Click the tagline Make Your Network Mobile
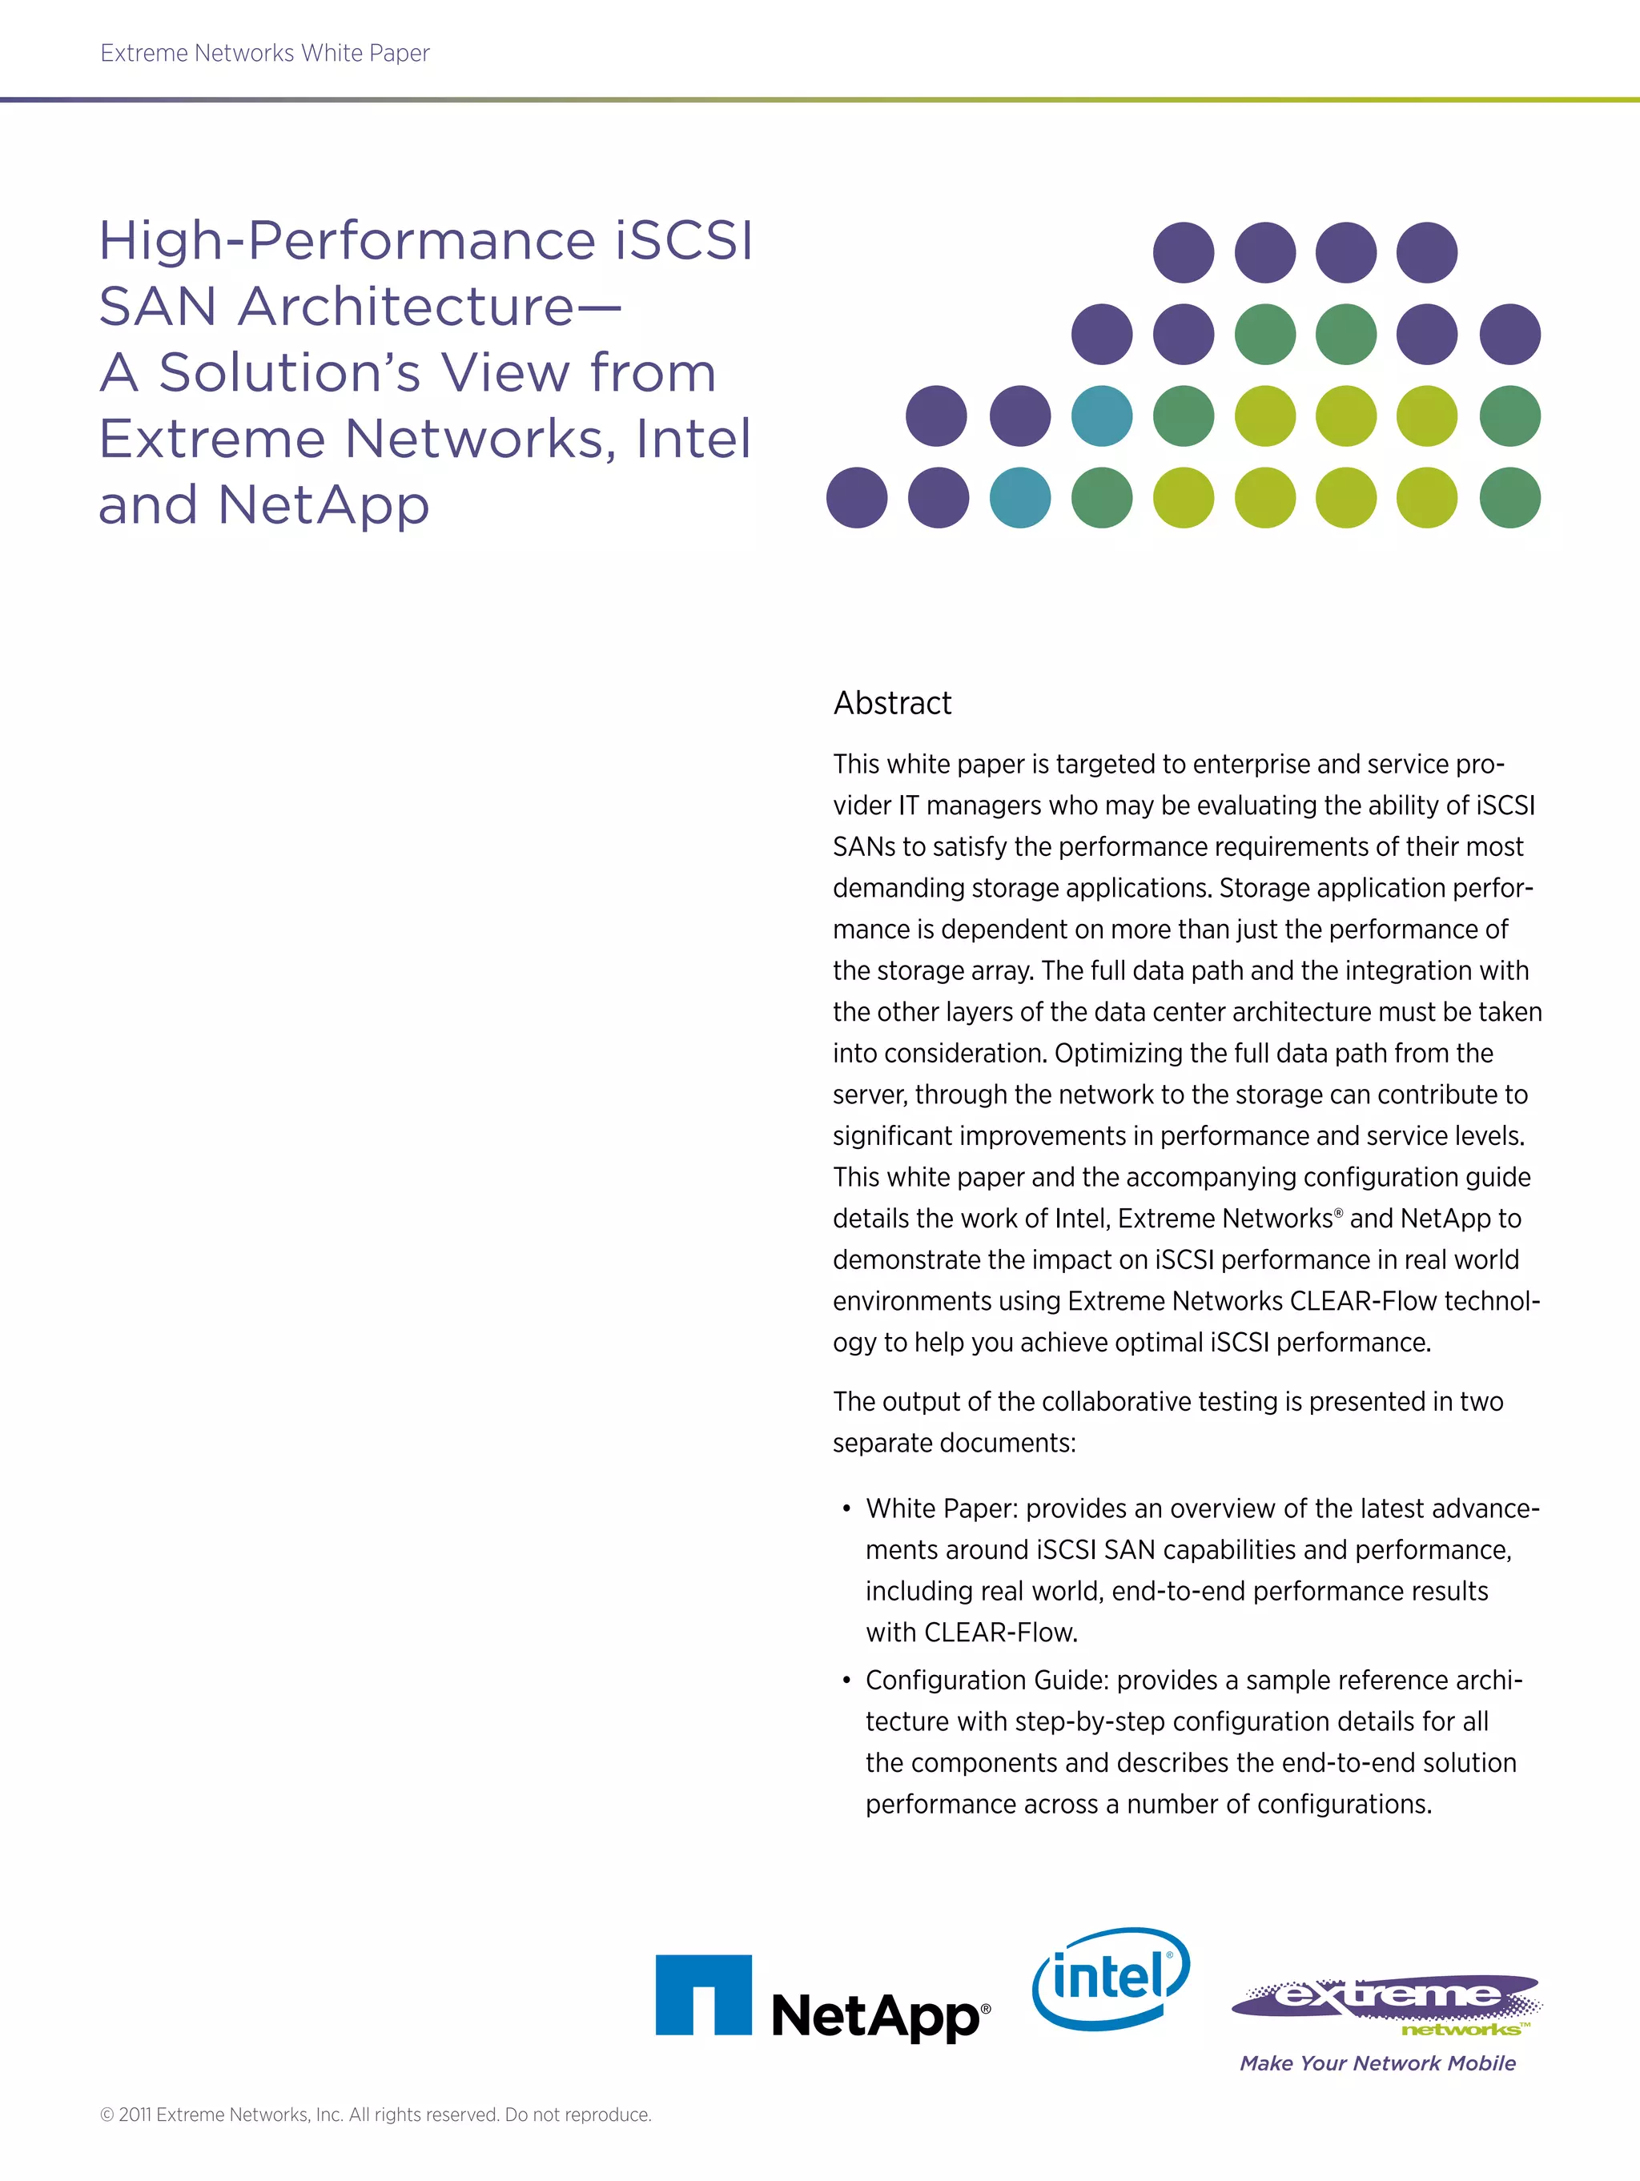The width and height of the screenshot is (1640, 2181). (1377, 2063)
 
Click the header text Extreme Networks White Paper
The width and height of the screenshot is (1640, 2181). (264, 53)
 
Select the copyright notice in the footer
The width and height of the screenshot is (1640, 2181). (376, 2114)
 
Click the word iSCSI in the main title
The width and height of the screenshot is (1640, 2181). (683, 240)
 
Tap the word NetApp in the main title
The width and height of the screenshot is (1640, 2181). (323, 505)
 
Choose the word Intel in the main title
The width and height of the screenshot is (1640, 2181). (693, 439)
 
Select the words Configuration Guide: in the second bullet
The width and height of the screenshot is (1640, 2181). (987, 1680)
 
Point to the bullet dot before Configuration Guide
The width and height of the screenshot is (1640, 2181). (846, 1680)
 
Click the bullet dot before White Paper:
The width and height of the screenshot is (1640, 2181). (846, 1508)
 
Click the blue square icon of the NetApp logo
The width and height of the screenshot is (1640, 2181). (703, 1994)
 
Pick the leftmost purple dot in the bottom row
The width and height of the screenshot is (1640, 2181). (856, 498)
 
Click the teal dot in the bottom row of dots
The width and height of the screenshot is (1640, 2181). (1019, 498)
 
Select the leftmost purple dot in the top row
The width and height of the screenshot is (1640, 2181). (1184, 252)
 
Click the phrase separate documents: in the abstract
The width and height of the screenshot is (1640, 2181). (953, 1444)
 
